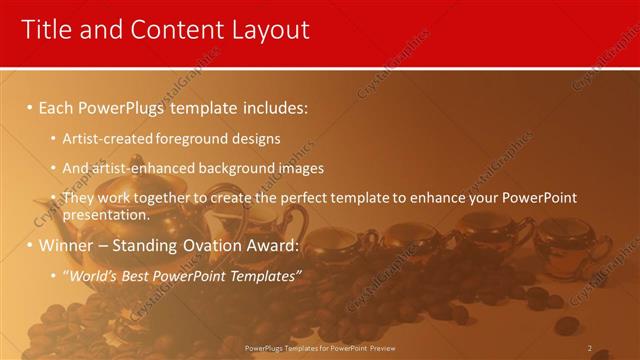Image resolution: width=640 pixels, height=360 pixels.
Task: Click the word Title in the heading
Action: pos(45,30)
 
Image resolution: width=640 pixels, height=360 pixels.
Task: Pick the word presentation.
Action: pos(107,214)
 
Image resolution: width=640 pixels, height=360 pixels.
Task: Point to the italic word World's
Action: pos(92,276)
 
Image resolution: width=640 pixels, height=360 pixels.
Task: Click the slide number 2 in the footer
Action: pos(589,348)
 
